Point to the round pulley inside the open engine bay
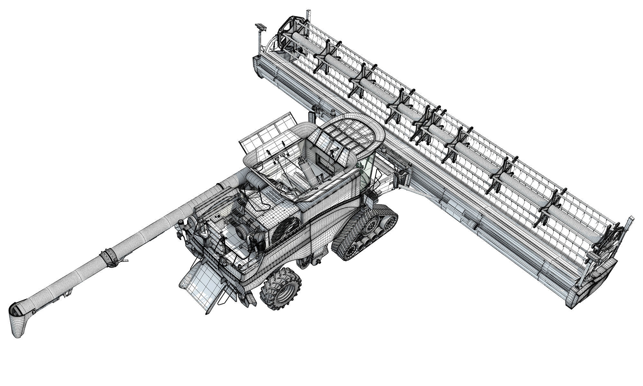243,231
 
